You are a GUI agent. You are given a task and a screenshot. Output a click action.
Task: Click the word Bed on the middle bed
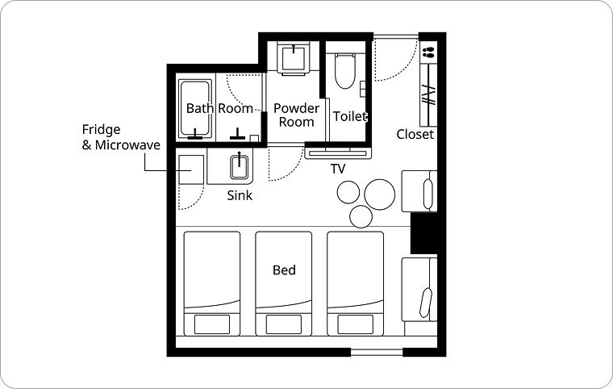pyautogui.click(x=284, y=270)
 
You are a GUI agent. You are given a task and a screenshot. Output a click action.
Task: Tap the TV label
pyautogui.click(x=338, y=169)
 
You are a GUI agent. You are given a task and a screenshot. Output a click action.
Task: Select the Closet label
pyautogui.click(x=415, y=134)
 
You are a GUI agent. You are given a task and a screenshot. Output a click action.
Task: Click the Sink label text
pyautogui.click(x=240, y=195)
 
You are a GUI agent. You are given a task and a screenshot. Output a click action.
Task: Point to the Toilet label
pyautogui.click(x=350, y=116)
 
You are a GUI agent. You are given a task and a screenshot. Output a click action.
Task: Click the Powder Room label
pyautogui.click(x=296, y=115)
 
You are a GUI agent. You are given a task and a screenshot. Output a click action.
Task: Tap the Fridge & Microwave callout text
pyautogui.click(x=121, y=137)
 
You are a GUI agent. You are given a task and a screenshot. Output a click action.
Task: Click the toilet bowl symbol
pyautogui.click(x=345, y=71)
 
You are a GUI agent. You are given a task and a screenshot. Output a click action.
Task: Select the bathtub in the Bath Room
pyautogui.click(x=195, y=109)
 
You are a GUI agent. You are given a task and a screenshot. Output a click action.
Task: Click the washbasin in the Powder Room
pyautogui.click(x=294, y=57)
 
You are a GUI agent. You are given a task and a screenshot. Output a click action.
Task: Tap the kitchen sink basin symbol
pyautogui.click(x=239, y=167)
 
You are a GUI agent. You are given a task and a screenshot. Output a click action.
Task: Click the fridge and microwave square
pyautogui.click(x=191, y=169)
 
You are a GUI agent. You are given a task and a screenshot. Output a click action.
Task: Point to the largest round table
pyautogui.click(x=380, y=194)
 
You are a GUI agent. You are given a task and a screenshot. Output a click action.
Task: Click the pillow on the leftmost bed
pyautogui.click(x=212, y=324)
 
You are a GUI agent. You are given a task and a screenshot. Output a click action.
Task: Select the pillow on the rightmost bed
pyautogui.click(x=355, y=324)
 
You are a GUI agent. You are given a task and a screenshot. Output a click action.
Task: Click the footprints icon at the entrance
pyautogui.click(x=428, y=52)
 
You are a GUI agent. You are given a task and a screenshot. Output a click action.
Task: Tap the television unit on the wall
pyautogui.click(x=338, y=153)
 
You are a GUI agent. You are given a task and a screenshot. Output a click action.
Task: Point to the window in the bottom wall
pyautogui.click(x=377, y=352)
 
